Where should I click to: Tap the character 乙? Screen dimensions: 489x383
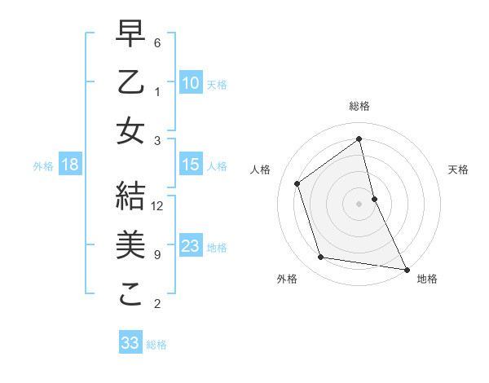point(131,84)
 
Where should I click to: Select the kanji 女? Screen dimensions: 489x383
point(131,131)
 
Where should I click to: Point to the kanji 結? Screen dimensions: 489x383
point(131,197)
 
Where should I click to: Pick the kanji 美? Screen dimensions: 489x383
point(131,245)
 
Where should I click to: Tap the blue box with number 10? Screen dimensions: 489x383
point(191,82)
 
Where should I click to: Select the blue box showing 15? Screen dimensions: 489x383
point(191,165)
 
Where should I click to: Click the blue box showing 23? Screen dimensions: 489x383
point(191,246)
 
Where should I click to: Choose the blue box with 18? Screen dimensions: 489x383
point(70,165)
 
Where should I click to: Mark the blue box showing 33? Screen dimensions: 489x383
point(130,343)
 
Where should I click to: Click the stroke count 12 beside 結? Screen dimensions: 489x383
point(158,206)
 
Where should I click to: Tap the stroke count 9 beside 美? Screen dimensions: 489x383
point(157,255)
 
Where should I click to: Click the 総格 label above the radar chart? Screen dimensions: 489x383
point(359,106)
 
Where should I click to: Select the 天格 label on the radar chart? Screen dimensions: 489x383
point(458,169)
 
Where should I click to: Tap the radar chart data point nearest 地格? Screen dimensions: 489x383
point(406,268)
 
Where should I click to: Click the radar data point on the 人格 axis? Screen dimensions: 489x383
point(297,183)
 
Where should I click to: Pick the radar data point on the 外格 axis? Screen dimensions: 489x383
point(321,258)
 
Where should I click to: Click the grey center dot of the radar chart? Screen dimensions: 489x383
point(359,203)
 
